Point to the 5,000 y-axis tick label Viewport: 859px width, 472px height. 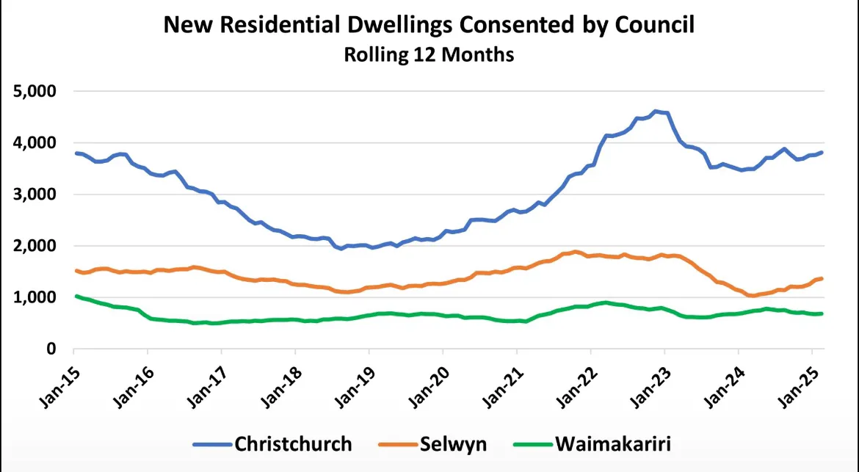coord(36,92)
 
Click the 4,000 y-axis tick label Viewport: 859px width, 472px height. coord(36,143)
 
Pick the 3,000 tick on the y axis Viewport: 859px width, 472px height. coord(36,195)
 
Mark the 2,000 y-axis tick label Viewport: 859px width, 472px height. coord(36,247)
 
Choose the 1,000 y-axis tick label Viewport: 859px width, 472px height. coord(36,298)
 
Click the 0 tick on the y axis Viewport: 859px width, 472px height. coord(51,349)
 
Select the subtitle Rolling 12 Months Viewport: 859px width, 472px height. coord(429,55)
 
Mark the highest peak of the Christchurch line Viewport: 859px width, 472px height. coord(656,111)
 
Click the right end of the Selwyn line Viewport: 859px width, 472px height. coord(822,278)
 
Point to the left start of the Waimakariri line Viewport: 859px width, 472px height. coord(76,296)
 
